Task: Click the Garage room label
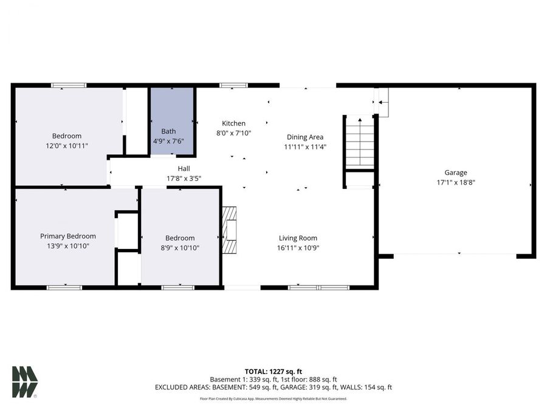[456, 173]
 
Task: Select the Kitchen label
[233, 123]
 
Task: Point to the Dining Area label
[304, 137]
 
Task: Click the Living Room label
[298, 238]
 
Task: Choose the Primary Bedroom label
[67, 236]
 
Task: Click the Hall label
[184, 169]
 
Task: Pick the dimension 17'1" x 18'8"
[456, 182]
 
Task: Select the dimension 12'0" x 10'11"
[66, 146]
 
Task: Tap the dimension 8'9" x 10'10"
[180, 248]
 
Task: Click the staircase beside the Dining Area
[359, 142]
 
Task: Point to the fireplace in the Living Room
[230, 230]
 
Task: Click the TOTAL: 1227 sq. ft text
[273, 371]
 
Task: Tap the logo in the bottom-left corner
[24, 382]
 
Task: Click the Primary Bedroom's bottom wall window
[64, 287]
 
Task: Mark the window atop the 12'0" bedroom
[68, 86]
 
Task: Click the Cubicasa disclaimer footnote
[273, 399]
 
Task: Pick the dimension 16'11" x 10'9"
[298, 248]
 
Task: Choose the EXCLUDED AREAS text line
[273, 387]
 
